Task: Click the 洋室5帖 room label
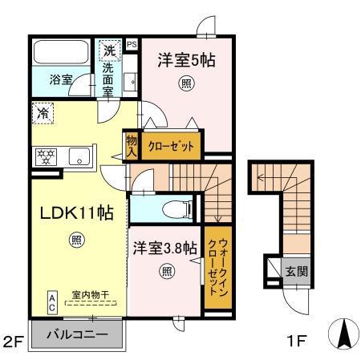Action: point(185,60)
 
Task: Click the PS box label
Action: point(131,45)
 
